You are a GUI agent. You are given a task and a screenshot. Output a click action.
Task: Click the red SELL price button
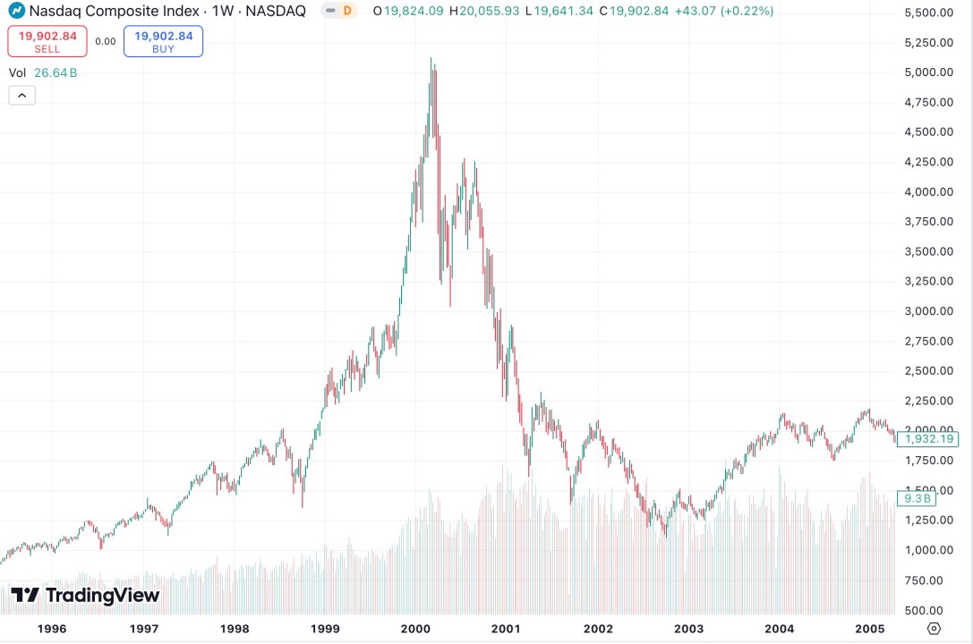pyautogui.click(x=47, y=41)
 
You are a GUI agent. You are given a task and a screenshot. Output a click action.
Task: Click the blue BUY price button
pyautogui.click(x=163, y=41)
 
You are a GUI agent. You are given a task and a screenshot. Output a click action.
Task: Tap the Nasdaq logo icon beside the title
pyautogui.click(x=16, y=12)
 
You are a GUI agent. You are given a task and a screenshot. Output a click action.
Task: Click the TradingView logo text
pyautogui.click(x=85, y=595)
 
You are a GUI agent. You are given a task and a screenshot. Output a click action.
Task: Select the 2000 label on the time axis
pyautogui.click(x=416, y=628)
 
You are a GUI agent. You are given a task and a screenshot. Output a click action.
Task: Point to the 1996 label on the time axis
pyautogui.click(x=53, y=628)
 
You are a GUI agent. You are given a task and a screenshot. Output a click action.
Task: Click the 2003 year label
pyautogui.click(x=688, y=628)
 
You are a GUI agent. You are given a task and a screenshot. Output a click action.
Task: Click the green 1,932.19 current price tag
pyautogui.click(x=931, y=439)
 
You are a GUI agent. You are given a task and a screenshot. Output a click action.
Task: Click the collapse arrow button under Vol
pyautogui.click(x=21, y=94)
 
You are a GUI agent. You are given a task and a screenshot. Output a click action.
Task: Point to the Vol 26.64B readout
pyautogui.click(x=43, y=73)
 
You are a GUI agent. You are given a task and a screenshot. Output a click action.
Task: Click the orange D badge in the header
pyautogui.click(x=347, y=12)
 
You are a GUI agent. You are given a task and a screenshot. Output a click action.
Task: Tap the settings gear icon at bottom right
pyautogui.click(x=934, y=628)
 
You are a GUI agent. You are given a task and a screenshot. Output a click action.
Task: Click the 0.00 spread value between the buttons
pyautogui.click(x=106, y=41)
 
